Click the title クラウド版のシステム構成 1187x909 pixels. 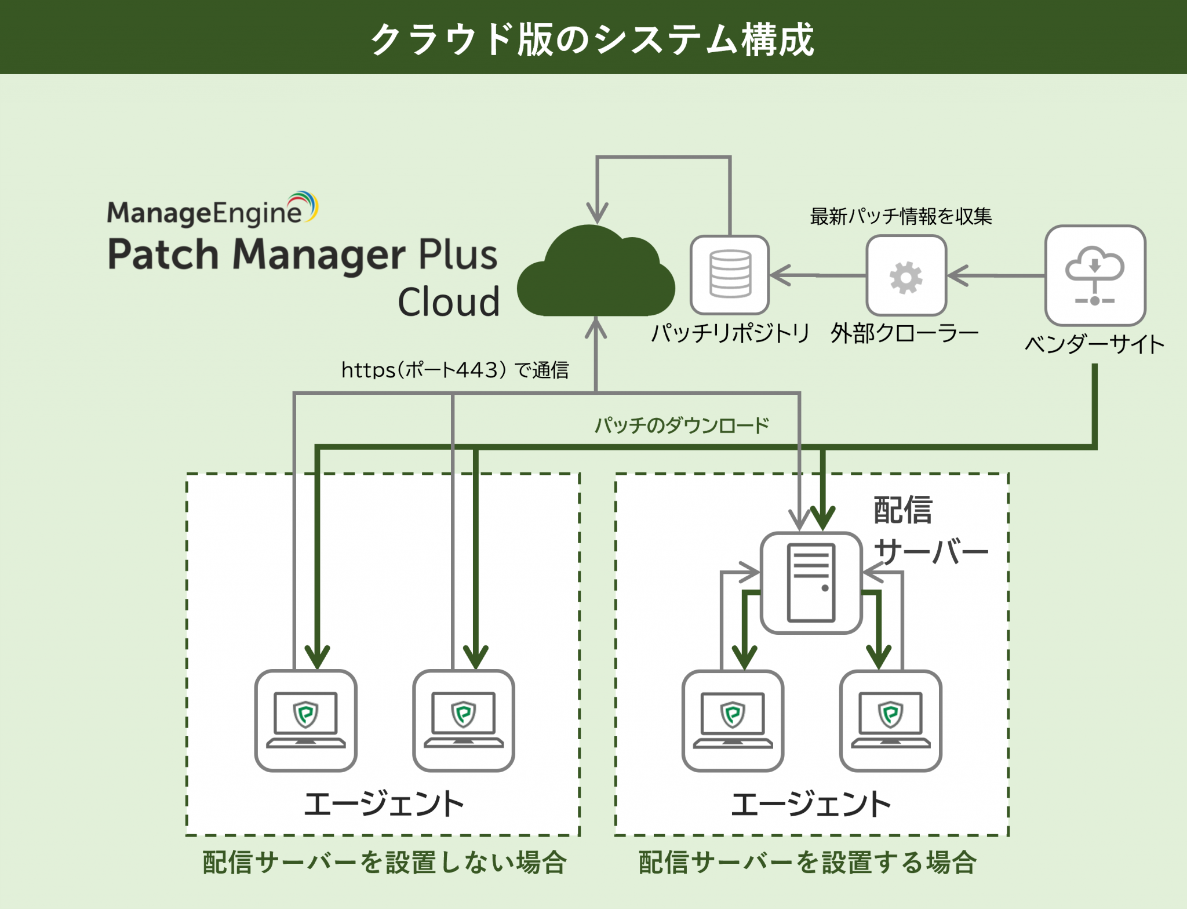click(x=592, y=39)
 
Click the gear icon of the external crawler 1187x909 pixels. click(x=906, y=277)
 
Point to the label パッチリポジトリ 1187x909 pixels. click(x=730, y=333)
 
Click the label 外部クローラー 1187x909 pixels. click(x=904, y=333)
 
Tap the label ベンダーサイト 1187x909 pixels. click(x=1094, y=344)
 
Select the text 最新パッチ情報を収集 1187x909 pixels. click(x=901, y=216)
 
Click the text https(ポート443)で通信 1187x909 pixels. click(x=455, y=370)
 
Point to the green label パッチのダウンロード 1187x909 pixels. click(x=682, y=426)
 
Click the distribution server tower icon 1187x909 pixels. click(x=811, y=583)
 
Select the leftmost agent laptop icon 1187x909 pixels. click(x=305, y=721)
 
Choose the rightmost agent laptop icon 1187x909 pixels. click(x=890, y=721)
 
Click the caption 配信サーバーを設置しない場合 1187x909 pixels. click(x=384, y=862)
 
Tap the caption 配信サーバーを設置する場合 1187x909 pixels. click(x=807, y=862)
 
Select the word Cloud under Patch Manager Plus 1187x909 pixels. click(x=449, y=302)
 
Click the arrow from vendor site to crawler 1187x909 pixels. click(x=997, y=275)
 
